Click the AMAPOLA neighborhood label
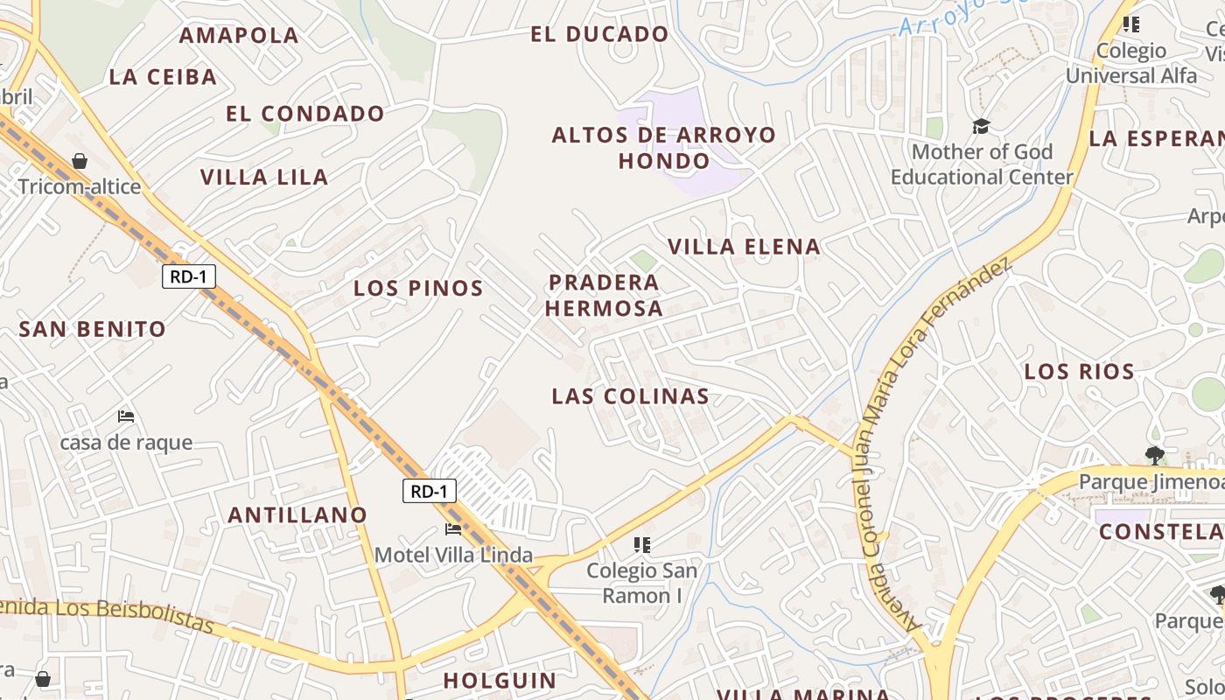coord(239,36)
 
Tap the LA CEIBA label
coord(163,77)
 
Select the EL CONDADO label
coord(305,114)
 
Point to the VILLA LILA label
coord(264,177)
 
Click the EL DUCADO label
coord(599,35)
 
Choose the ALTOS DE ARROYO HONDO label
coord(663,148)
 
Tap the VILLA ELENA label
coord(745,247)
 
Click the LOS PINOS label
coord(418,288)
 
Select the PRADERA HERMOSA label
coord(605,295)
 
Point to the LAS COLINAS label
coord(630,396)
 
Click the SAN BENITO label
coord(93,330)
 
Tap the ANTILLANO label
coord(297,515)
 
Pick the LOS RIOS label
coord(1079,372)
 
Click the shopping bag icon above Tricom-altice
coord(80,161)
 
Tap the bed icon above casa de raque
coord(126,416)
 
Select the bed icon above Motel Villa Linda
coord(453,529)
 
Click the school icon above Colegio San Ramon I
coord(642,545)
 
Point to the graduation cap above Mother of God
coord(981,127)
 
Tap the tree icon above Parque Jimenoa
coord(1155,455)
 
